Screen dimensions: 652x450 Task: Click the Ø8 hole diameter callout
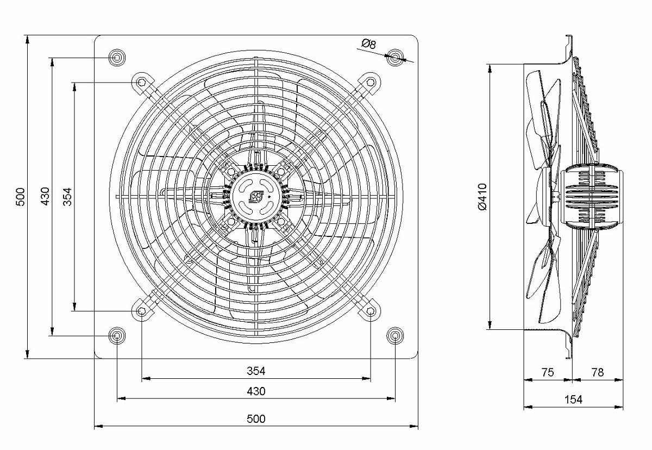[x=368, y=44]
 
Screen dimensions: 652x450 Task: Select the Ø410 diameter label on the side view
[x=482, y=197]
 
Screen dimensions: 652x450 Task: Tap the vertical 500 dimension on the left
[x=21, y=197]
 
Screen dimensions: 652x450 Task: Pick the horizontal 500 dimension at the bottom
[x=256, y=419]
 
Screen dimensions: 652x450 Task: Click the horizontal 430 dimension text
[x=256, y=391]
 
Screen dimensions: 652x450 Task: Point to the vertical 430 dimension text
[x=45, y=197]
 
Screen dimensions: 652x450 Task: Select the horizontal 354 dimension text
[x=256, y=371]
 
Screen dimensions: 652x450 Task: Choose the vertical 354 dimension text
[x=67, y=197]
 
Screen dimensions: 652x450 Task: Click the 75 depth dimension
[x=548, y=372]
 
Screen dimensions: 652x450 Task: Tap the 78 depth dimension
[x=598, y=372]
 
